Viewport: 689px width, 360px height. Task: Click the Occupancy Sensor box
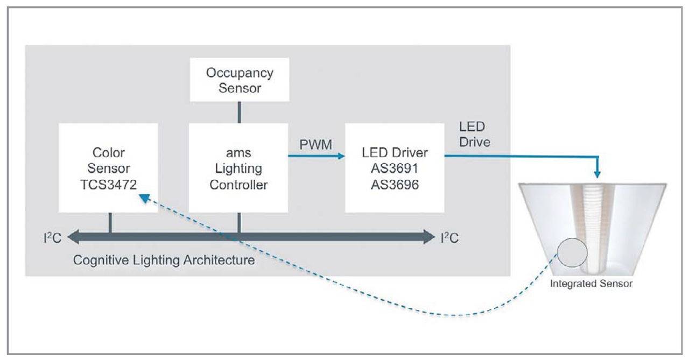pos(239,80)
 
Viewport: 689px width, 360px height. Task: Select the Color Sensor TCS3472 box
pos(108,167)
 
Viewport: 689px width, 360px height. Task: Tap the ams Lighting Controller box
pos(238,167)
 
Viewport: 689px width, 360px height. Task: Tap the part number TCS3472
pos(108,184)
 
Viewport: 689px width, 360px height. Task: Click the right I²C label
pos(450,237)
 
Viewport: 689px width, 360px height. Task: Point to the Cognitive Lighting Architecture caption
pos(164,260)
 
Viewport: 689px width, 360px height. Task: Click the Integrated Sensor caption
pos(591,284)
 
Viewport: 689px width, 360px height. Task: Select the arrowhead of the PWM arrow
pos(340,156)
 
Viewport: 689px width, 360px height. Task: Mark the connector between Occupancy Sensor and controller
pos(238,112)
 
